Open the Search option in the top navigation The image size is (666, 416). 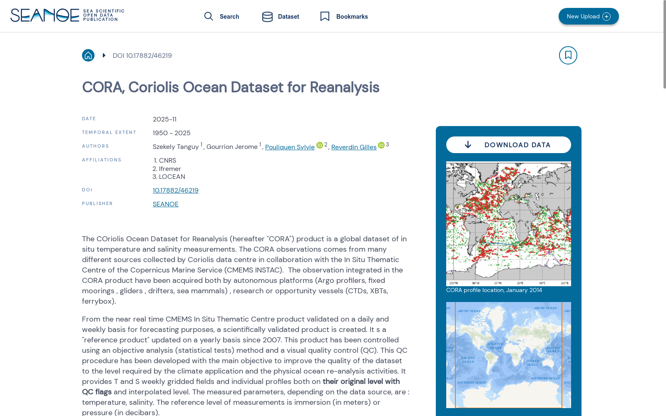pos(222,17)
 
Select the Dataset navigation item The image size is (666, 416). pos(281,17)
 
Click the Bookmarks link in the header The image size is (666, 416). pos(344,17)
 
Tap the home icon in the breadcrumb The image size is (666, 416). pos(88,55)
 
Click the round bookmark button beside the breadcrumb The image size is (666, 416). pos(568,55)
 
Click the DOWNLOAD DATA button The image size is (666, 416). pos(508,145)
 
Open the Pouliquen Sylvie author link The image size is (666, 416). pos(290,147)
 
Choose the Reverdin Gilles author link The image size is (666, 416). pos(354,147)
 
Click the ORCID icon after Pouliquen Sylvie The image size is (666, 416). pos(320,145)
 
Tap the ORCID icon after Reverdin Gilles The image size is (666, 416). pos(381,145)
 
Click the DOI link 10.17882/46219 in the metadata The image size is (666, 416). pos(176,191)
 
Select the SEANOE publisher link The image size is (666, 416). pos(166,204)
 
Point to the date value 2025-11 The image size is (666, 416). pos(164,119)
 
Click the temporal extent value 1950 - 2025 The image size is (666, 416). pos(171,133)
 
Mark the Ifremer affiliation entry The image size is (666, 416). pos(170,169)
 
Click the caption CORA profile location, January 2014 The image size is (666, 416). pos(494,290)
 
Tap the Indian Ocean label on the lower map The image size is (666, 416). pos(533,363)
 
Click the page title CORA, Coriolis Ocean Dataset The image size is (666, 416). pos(231,87)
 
